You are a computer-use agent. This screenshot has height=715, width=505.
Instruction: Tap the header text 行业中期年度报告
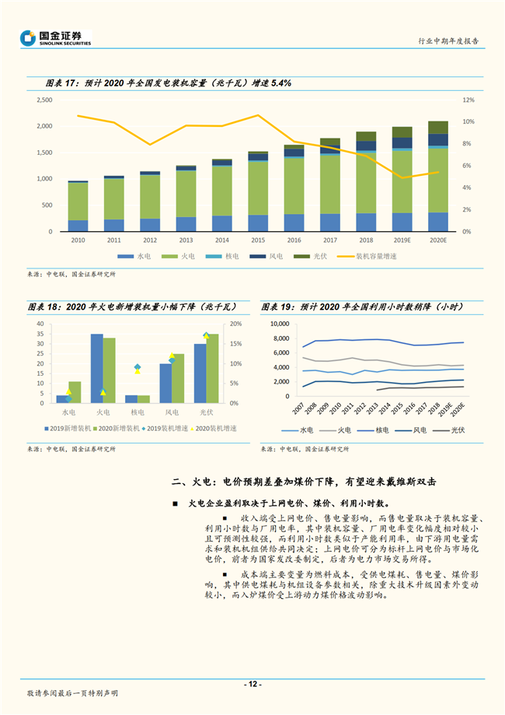448,40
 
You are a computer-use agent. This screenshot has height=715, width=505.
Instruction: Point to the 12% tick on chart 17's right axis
468,100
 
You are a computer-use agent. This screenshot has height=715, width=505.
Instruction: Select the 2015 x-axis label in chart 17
258,240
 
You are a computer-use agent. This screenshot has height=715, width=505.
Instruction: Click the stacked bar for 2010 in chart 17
78,206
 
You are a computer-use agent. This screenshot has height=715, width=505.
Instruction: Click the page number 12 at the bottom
252,684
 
